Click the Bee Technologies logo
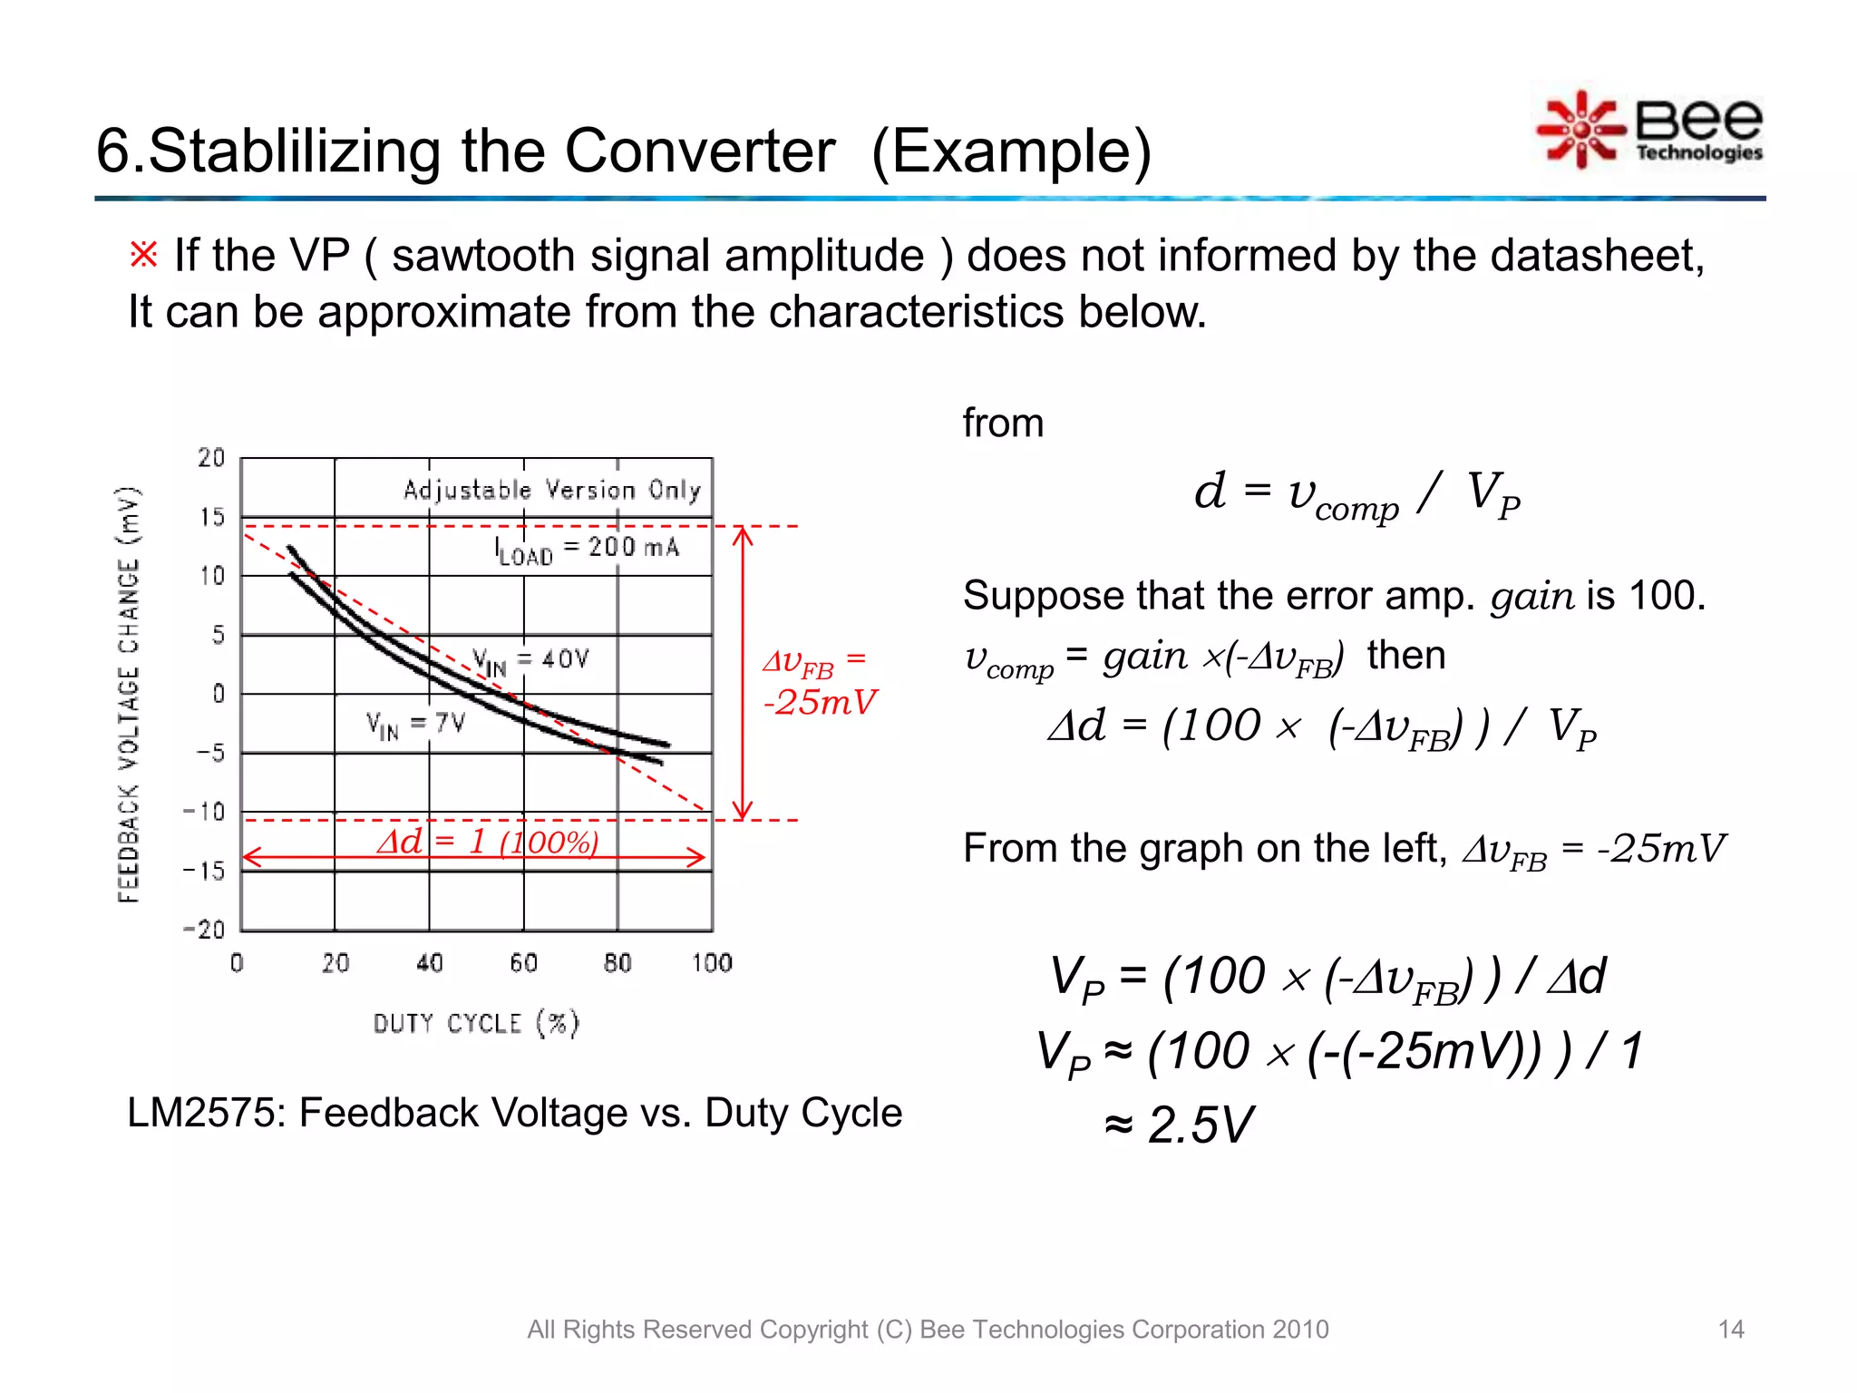click(1650, 131)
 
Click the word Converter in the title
click(699, 151)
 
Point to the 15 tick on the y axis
click(211, 517)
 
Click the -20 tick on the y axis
click(204, 930)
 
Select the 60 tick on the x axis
click(523, 963)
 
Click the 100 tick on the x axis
click(712, 963)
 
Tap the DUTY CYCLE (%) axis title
click(476, 1023)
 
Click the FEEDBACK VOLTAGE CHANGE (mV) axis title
click(129, 694)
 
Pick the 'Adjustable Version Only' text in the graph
click(551, 491)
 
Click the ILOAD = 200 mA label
click(587, 550)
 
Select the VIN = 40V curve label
click(530, 661)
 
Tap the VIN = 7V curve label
click(415, 724)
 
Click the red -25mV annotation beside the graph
click(820, 702)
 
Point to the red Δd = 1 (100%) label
click(487, 843)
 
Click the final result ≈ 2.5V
click(1179, 1125)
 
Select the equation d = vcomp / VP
click(1356, 494)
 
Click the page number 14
click(1730, 1330)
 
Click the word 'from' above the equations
click(1003, 424)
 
